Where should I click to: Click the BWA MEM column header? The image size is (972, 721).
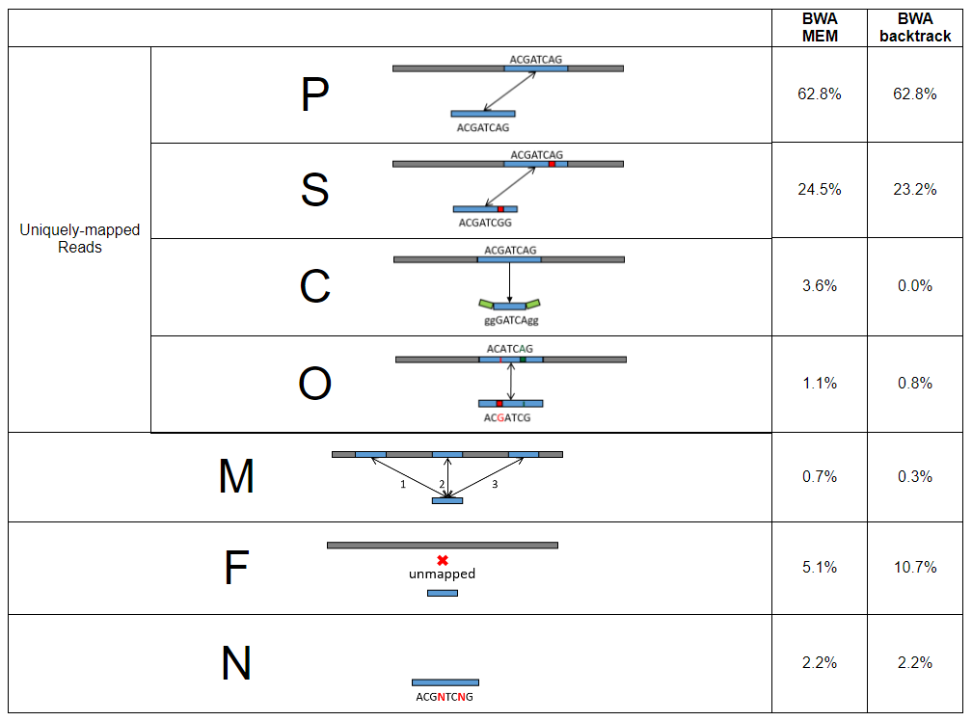819,28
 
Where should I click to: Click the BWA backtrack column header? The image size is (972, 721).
915,28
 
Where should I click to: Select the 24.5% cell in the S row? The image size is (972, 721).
819,190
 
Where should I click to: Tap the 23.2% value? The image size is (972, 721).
915,190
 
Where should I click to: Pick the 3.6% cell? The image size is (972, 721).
819,286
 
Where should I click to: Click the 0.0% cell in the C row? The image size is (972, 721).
915,286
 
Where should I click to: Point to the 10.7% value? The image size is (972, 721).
915,568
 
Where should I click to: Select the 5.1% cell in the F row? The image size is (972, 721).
819,568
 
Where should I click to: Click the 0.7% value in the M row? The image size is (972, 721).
819,477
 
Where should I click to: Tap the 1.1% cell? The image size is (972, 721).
819,384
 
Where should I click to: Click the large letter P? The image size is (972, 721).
314,95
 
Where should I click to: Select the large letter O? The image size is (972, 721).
314,384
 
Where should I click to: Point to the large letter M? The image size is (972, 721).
236,477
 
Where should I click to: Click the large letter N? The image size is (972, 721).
236,664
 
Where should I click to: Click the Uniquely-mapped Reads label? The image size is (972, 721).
79,238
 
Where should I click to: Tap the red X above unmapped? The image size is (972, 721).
443,560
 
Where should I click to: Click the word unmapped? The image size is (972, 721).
442,574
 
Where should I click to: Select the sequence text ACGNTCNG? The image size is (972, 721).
445,697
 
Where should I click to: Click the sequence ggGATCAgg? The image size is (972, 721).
510,320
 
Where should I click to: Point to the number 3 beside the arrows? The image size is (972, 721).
495,485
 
